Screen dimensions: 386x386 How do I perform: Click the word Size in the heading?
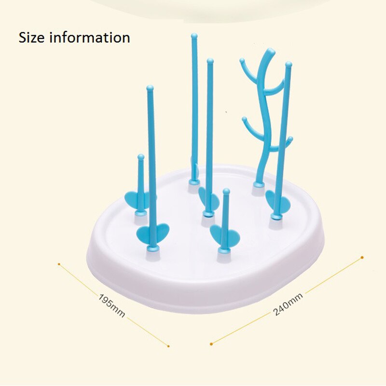point(32,38)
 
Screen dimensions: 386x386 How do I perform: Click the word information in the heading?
point(90,38)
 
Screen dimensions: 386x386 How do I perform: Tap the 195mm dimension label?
point(112,305)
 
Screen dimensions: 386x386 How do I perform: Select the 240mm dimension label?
point(288,304)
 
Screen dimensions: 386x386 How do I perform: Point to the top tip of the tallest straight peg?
point(194,36)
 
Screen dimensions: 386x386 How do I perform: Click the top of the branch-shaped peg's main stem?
point(271,52)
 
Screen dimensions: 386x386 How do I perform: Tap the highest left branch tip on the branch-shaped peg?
point(242,60)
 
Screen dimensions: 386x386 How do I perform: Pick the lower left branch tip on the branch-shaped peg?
point(244,119)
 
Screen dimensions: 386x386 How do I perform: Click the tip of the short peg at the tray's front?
point(226,191)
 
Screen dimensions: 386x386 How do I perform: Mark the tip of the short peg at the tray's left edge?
point(141,157)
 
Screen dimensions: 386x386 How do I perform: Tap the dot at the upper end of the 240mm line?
point(362,258)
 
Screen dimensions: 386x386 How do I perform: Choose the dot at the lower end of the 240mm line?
point(211,344)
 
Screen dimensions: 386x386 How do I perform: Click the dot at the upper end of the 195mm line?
point(59,264)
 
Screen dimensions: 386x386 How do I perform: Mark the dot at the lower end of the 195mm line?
point(168,346)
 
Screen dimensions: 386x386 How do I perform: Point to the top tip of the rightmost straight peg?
point(289,64)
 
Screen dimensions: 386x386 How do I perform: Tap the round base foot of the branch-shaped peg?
point(259,185)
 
